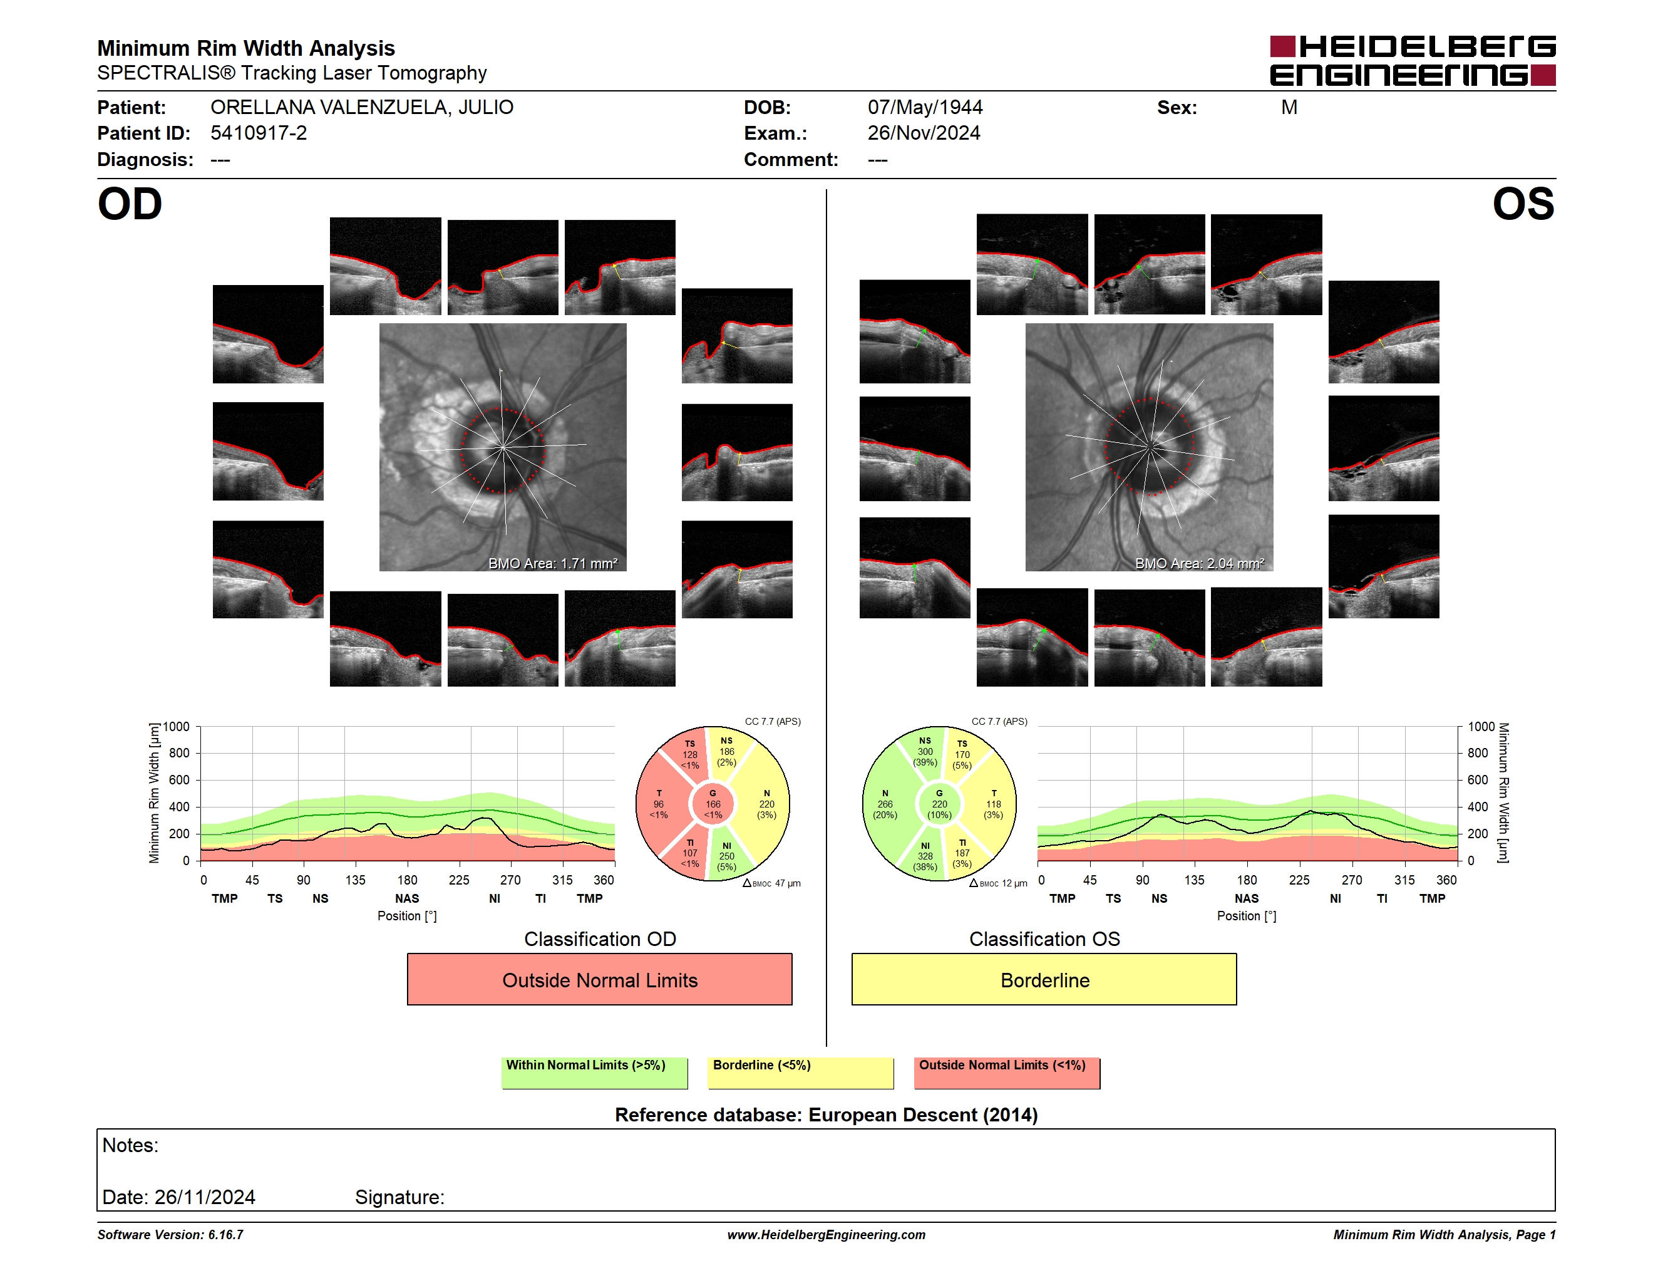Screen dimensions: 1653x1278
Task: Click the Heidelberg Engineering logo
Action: (1413, 61)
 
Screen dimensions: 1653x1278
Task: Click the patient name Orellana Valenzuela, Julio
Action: (362, 108)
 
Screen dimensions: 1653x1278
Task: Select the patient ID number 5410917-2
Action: (259, 133)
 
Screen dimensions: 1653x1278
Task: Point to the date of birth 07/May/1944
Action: (925, 108)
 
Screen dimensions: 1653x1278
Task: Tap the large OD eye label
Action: (130, 204)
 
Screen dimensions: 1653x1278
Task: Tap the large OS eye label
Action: (1523, 204)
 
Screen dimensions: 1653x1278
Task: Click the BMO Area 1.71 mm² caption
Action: (552, 563)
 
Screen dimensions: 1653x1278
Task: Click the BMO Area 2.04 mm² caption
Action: (1200, 563)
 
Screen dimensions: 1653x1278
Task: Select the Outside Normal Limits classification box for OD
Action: (599, 980)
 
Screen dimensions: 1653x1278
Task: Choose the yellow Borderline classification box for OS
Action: (1044, 980)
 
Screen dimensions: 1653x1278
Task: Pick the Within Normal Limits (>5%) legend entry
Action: (594, 1073)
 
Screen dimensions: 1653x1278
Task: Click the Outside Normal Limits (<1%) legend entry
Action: (1007, 1073)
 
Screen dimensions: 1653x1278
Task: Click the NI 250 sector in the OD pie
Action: (728, 856)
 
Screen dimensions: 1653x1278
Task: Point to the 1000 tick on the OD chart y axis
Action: (175, 727)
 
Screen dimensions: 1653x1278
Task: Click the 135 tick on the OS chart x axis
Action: (1194, 880)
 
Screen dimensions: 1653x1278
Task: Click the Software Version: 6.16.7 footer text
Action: (170, 1235)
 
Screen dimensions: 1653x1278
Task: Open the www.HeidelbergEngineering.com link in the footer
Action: (826, 1235)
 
